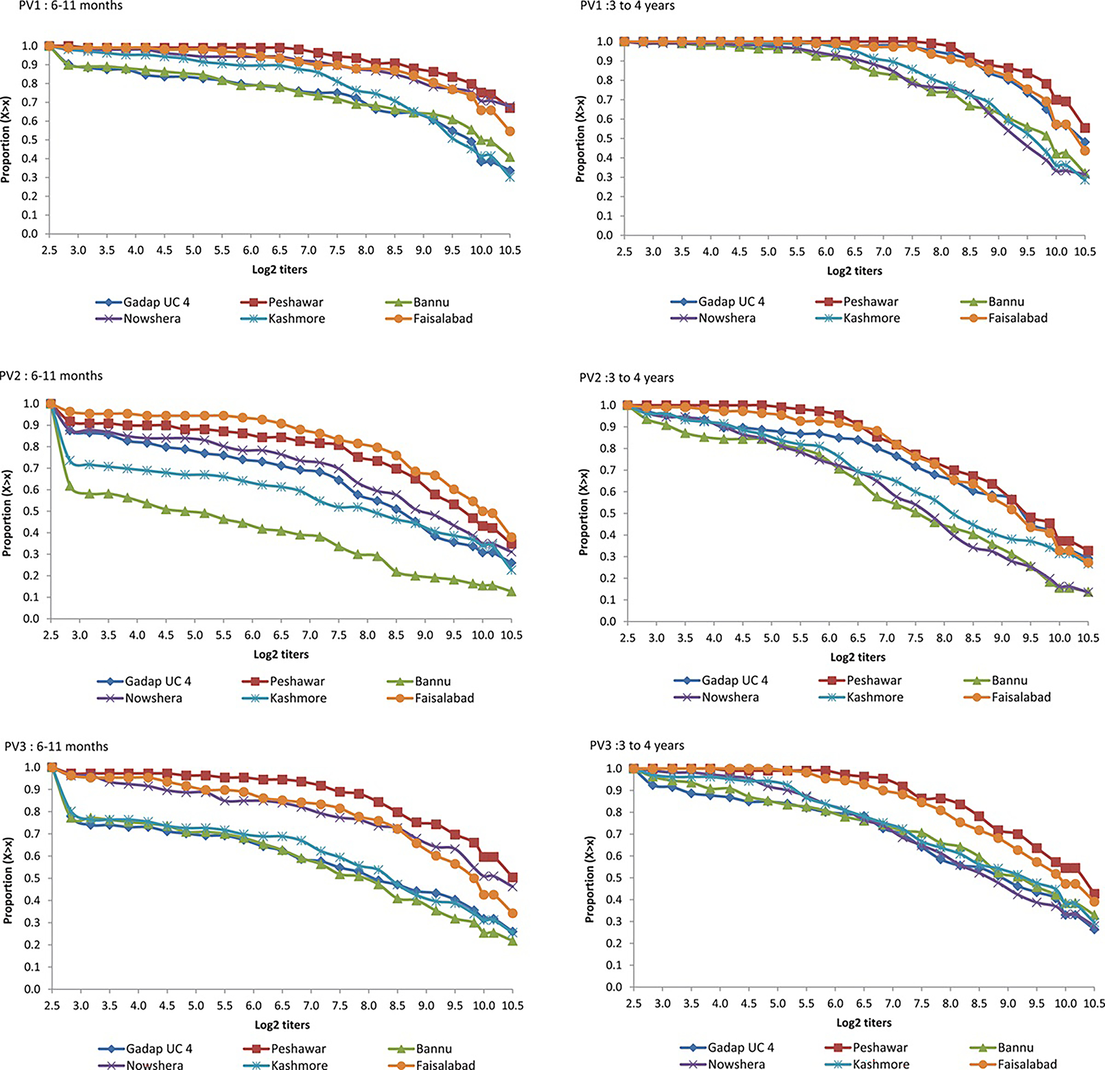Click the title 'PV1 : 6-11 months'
pos(71,6)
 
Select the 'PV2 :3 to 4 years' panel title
pos(626,378)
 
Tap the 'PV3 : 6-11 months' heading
pos(56,746)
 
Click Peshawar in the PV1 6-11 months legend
pos(295,302)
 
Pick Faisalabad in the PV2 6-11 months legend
pos(444,698)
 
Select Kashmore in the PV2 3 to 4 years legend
pos(875,697)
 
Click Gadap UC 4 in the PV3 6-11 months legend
pos(159,1048)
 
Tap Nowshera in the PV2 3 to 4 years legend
pos(730,697)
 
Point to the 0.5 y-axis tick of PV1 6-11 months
pos(30,140)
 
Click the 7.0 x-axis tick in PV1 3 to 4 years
pos(883,252)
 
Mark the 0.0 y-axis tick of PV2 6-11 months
pos(31,619)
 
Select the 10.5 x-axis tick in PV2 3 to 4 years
pos(1088,638)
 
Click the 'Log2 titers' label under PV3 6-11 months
pos(283,1024)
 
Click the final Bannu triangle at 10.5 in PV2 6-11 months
pos(511,592)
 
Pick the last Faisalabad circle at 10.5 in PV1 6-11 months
pos(510,132)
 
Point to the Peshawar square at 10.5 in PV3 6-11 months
pos(513,878)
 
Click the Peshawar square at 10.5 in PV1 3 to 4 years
pos(1084,128)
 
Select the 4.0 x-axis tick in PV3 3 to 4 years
pos(720,1004)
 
